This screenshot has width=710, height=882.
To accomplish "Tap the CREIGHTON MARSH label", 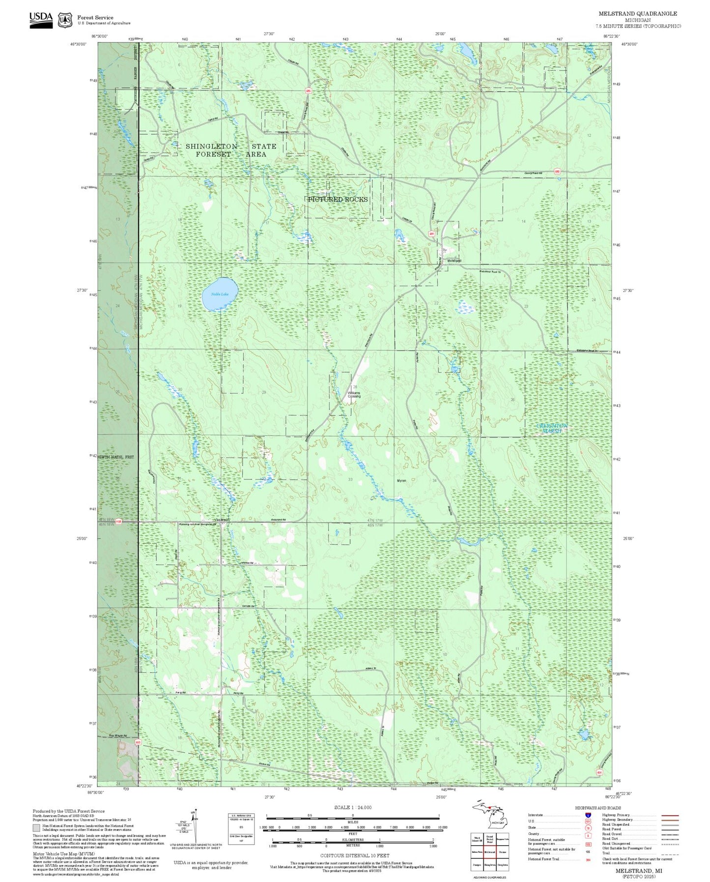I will [x=551, y=428].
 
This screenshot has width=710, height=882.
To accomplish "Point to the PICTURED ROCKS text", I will [x=338, y=199].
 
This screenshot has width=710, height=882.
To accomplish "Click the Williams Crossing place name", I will [x=354, y=394].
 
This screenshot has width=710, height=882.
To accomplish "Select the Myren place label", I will [x=401, y=480].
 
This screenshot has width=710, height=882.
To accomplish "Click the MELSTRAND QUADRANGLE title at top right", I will [x=637, y=13].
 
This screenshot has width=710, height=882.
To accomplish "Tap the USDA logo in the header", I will [x=41, y=19].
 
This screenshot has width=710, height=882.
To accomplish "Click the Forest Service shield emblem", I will [x=65, y=20].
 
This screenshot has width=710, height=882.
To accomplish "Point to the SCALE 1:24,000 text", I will [x=352, y=807].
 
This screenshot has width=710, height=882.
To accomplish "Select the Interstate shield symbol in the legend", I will [x=588, y=815].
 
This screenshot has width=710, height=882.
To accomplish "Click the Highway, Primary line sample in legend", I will [x=670, y=815].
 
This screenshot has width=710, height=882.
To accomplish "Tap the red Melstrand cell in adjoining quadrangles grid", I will [x=489, y=852].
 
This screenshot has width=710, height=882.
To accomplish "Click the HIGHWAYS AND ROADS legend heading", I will [x=598, y=808].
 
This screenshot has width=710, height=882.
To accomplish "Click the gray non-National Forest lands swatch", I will [x=36, y=828].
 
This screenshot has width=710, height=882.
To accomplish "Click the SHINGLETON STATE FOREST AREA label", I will [x=231, y=150].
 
